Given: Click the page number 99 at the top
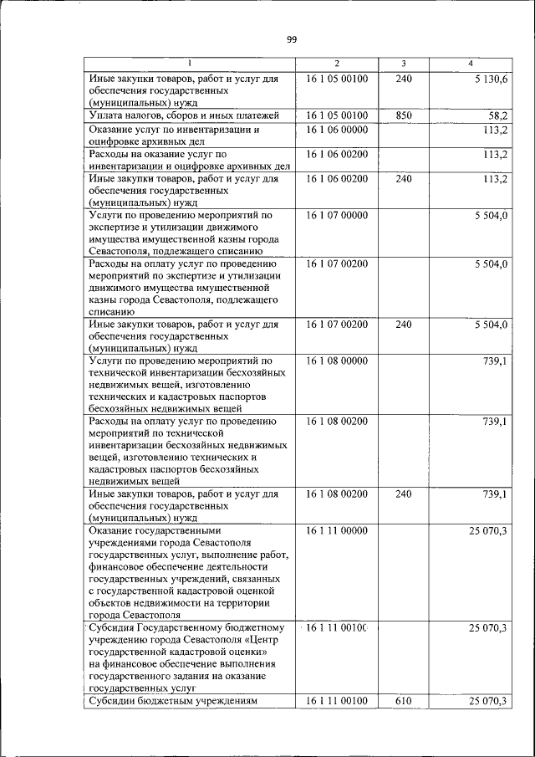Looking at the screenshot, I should [291, 39].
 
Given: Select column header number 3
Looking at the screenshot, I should [404, 64].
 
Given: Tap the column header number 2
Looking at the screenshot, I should [337, 64].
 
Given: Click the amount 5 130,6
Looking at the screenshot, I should [489, 79].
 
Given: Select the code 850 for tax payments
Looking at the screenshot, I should [404, 115].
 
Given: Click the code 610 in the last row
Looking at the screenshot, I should [404, 700].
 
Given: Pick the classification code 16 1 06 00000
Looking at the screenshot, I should [337, 130].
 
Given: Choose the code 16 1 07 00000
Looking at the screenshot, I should [337, 216].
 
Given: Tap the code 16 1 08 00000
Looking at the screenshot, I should [337, 361].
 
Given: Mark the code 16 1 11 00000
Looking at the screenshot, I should [337, 531].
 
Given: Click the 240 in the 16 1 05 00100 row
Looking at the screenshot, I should [404, 79].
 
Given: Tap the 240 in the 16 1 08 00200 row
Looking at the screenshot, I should [404, 494].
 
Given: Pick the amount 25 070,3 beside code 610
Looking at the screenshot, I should [489, 700].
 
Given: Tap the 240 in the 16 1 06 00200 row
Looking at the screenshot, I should [404, 179].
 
